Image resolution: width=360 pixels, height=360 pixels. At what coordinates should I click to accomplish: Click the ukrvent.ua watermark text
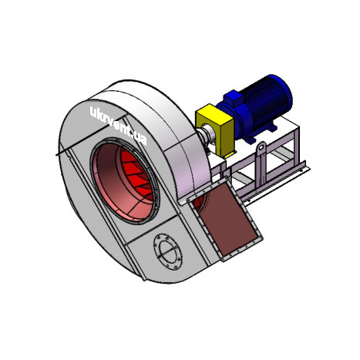119,126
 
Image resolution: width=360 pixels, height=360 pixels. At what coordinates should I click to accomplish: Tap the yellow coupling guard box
214,130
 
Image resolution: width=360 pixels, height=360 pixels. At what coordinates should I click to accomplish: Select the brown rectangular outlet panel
225,219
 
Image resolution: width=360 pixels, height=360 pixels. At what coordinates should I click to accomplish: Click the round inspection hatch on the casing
168,252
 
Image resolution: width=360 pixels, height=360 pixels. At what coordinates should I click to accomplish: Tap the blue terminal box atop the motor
233,98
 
